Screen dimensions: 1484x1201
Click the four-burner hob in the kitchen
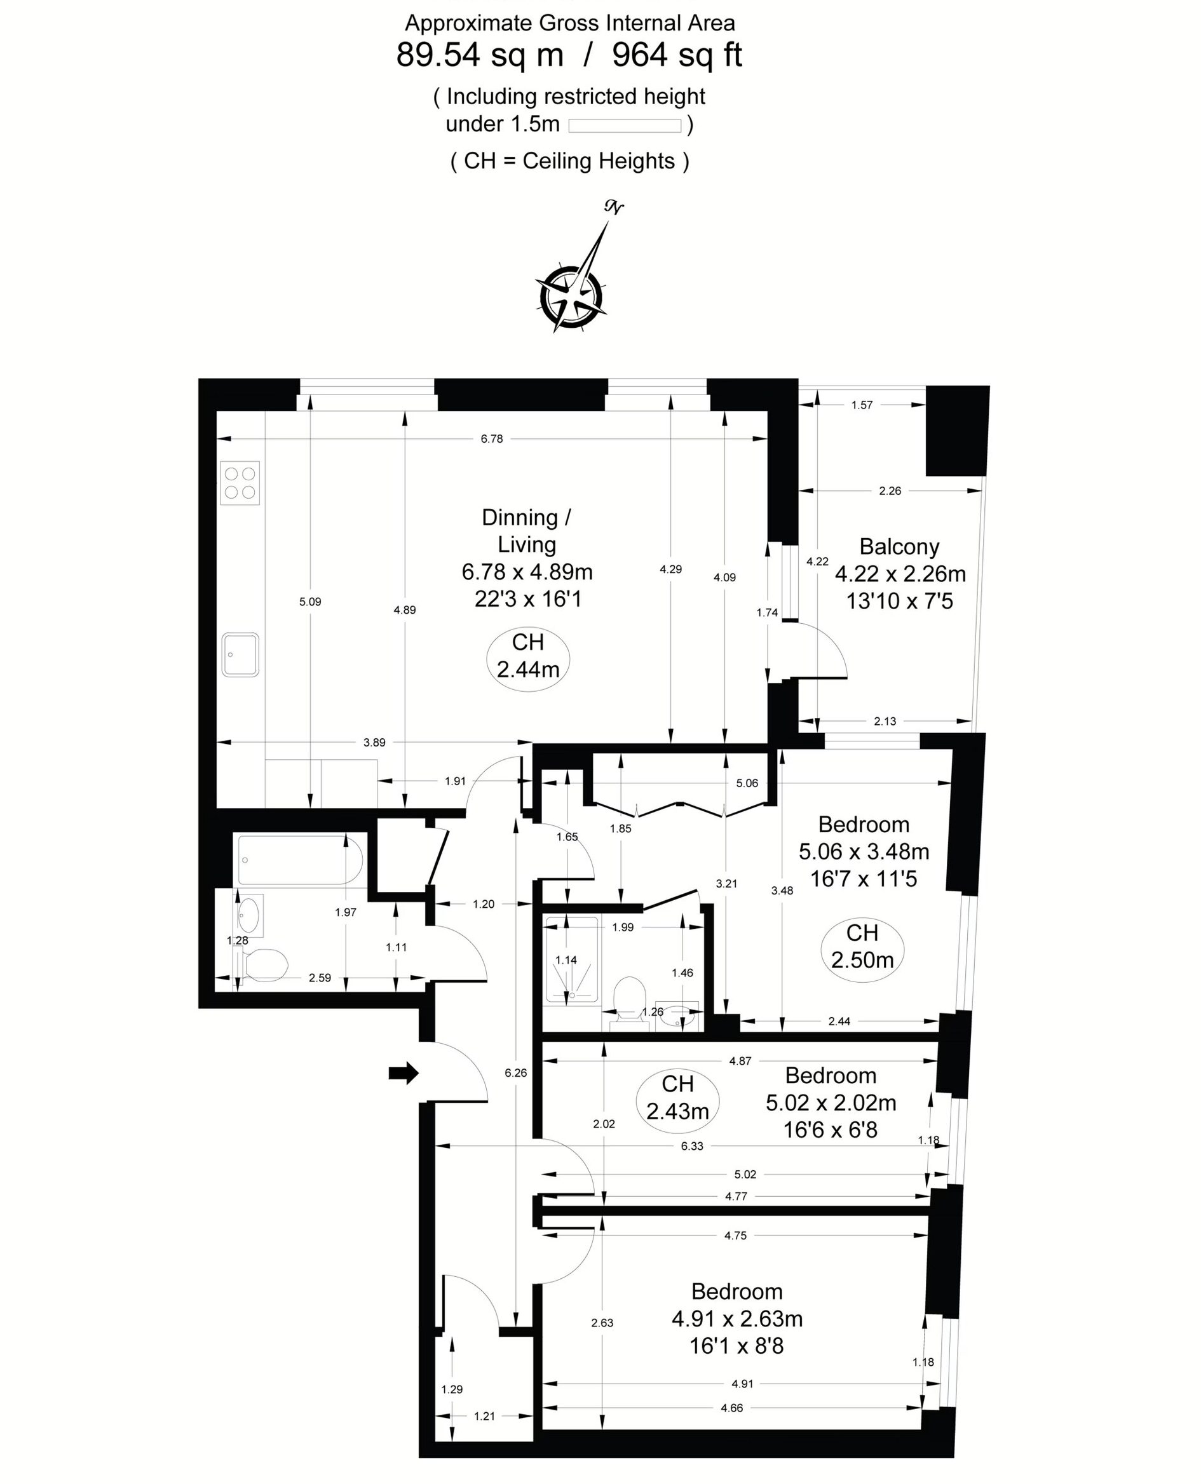point(240,482)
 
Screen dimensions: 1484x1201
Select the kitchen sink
point(240,654)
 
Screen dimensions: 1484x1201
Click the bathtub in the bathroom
point(299,860)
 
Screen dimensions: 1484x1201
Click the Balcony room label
point(899,546)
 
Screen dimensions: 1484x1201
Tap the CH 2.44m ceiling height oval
point(528,656)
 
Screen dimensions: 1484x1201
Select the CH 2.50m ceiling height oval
point(862,946)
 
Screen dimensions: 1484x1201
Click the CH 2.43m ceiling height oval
point(677,1098)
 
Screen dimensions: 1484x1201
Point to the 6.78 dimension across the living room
point(492,438)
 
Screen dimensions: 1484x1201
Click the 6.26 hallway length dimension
point(515,1072)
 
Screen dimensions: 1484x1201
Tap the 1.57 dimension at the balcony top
point(862,405)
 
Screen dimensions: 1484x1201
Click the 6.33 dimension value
point(692,1146)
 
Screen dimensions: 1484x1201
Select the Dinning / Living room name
point(527,530)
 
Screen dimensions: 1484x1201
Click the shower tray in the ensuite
point(571,959)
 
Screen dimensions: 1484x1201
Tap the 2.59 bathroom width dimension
point(320,978)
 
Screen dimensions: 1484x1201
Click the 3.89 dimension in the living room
point(374,743)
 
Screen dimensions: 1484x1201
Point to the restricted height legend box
point(625,126)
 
